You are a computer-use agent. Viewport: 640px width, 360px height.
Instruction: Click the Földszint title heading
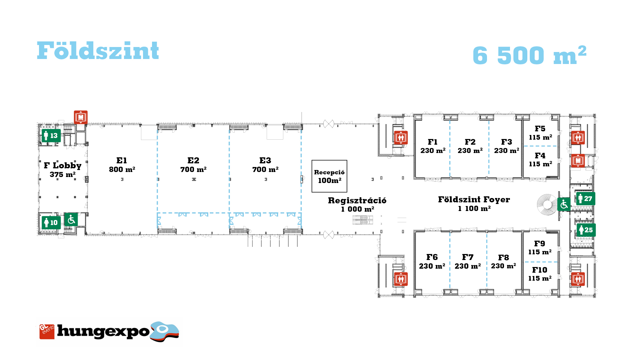pyautogui.click(x=98, y=51)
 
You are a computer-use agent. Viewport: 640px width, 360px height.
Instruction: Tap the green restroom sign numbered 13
pyautogui.click(x=51, y=136)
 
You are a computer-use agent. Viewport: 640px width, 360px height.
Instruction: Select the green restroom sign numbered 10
pyautogui.click(x=51, y=222)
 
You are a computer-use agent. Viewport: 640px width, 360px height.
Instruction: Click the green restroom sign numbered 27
pyautogui.click(x=586, y=199)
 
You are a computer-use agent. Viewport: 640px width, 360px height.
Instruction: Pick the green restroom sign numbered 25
pyautogui.click(x=586, y=230)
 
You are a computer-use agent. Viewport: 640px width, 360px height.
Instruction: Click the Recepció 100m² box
pyautogui.click(x=329, y=176)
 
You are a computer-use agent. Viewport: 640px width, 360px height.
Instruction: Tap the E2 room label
pyautogui.click(x=193, y=160)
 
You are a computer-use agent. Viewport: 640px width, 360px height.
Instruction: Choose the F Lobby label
pyautogui.click(x=63, y=166)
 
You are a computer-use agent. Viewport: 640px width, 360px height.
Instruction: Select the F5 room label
pyautogui.click(x=540, y=129)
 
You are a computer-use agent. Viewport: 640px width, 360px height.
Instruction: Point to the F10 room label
pyautogui.click(x=540, y=270)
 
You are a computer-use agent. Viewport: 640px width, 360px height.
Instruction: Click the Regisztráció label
pyautogui.click(x=357, y=200)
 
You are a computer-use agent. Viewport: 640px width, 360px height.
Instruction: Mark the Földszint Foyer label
pyautogui.click(x=474, y=200)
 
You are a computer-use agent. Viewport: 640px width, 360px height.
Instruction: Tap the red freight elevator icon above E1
pyautogui.click(x=81, y=117)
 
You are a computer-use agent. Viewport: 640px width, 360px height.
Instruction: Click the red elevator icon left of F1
pyautogui.click(x=401, y=138)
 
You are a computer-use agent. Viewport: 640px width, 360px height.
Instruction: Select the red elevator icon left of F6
pyautogui.click(x=401, y=279)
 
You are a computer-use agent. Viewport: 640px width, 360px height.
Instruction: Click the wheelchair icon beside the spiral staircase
pyautogui.click(x=564, y=204)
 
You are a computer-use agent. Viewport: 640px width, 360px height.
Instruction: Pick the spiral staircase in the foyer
pyautogui.click(x=547, y=205)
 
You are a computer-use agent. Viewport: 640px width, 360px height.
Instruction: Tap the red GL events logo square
pyautogui.click(x=47, y=332)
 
